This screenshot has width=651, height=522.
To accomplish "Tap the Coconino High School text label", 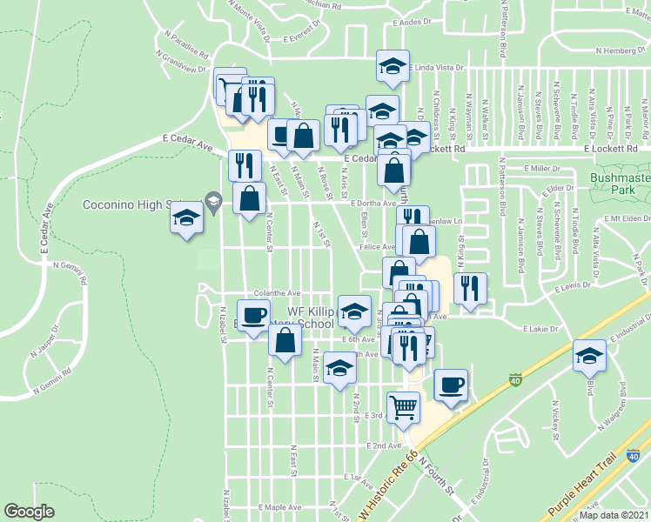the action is coord(137,204).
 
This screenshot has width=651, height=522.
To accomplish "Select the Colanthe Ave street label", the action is coord(277,293).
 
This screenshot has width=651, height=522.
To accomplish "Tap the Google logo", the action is coord(29,512).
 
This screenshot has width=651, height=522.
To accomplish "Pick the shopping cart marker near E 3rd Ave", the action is coord(403,407).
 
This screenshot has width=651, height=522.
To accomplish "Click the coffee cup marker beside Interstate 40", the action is coord(450,385).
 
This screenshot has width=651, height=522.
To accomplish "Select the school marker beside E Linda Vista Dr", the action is coord(393,64).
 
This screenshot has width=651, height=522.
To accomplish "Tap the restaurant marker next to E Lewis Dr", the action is coord(470,288).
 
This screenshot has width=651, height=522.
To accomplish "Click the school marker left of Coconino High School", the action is coord(186,217).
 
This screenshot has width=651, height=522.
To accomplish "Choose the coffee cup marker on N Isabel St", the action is coord(254,316).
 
